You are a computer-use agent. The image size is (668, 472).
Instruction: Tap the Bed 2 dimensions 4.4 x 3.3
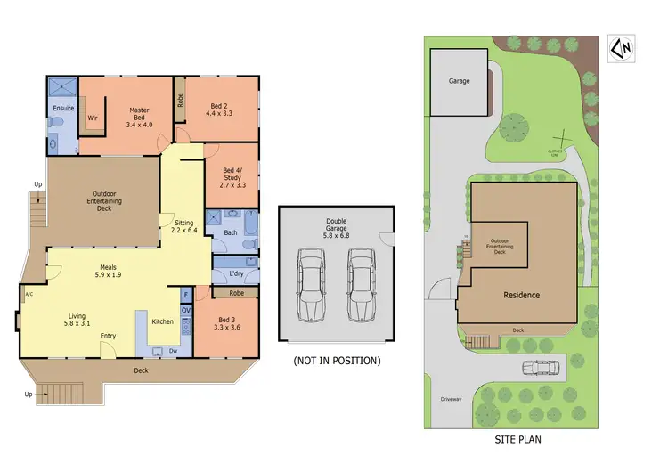(218, 114)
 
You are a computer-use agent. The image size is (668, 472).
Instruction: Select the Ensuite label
(62, 109)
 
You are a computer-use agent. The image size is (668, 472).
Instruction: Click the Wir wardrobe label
(92, 118)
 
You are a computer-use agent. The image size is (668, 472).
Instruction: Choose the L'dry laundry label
(236, 272)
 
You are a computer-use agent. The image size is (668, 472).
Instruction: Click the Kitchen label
(162, 321)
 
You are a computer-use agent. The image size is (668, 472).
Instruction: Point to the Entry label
(109, 336)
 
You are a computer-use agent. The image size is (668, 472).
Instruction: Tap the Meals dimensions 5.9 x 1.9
(109, 274)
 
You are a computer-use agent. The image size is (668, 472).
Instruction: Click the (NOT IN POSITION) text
(337, 360)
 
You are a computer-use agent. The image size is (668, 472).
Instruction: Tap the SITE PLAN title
(517, 439)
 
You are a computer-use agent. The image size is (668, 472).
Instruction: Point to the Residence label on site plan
(521, 295)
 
